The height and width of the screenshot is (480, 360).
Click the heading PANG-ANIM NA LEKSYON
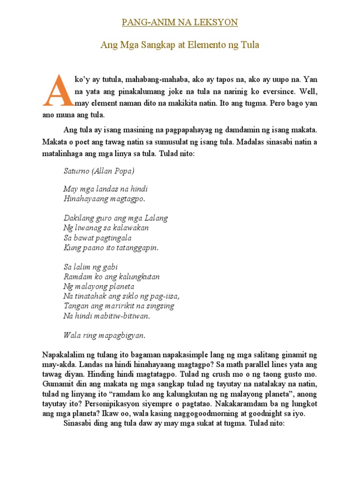180,22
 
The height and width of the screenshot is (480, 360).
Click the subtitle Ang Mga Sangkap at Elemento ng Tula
180,45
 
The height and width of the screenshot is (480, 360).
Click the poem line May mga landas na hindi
105,189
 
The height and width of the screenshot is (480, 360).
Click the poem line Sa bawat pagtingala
97,238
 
